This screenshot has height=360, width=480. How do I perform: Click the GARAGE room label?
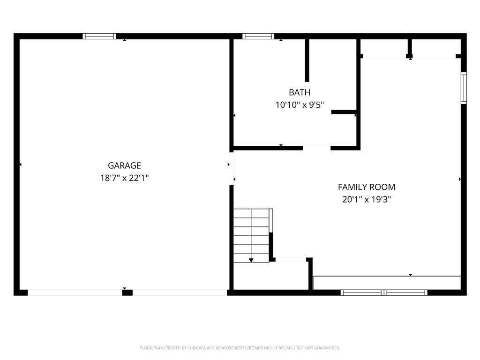pos(124,165)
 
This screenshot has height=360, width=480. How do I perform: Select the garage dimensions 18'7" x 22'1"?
pos(124,178)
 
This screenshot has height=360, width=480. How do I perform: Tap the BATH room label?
pos(300,92)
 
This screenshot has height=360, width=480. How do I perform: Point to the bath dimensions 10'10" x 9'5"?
pos(300,105)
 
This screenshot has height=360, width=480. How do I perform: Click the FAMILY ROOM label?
pos(367,187)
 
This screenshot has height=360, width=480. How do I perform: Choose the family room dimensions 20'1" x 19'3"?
pos(367,200)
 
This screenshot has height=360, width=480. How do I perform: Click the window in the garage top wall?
pos(99,36)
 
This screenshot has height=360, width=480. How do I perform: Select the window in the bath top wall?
pos(258,36)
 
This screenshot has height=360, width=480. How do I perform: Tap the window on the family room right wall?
pos(464,88)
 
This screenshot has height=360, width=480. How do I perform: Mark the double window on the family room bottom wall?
pos(384,292)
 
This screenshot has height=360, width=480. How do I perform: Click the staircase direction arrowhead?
pos(251,260)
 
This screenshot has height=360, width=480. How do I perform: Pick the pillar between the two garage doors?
pos(127,292)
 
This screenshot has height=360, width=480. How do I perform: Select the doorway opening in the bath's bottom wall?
pos(316,148)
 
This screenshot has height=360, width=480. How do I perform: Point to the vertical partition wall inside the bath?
pos(307,60)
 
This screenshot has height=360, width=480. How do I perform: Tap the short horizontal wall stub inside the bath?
pos(344,112)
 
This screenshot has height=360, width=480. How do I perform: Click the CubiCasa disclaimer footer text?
pos(240,348)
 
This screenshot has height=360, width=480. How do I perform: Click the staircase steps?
pos(251,236)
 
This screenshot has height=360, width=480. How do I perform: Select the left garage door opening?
pos(75,292)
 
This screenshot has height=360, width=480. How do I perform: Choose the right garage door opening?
pos(180,292)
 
